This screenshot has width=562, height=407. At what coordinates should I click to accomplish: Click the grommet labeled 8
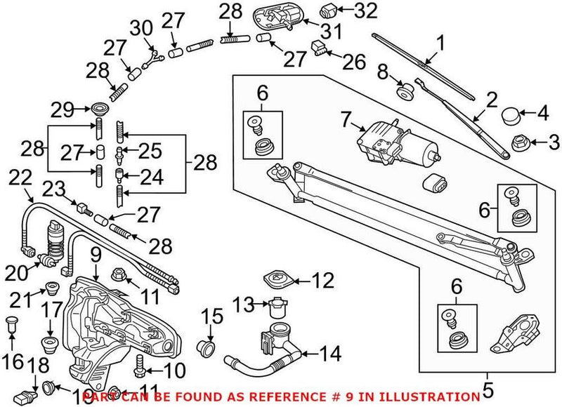pos(405,93)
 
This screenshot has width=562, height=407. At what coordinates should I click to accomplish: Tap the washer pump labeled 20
pos(53,241)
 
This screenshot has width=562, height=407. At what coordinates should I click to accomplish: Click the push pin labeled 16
pos(11,327)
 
